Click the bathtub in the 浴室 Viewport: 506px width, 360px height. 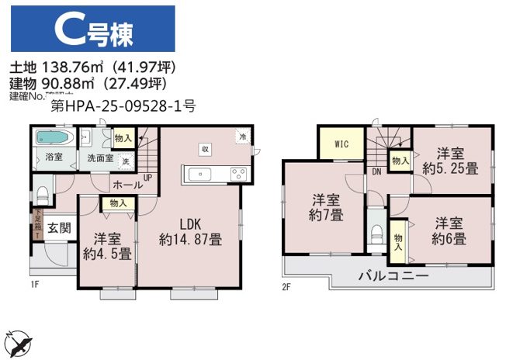point(54,140)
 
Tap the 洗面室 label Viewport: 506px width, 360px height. point(99,158)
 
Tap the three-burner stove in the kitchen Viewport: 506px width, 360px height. point(237,173)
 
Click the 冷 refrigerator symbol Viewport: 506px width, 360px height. point(242,137)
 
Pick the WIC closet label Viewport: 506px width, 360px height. point(341,144)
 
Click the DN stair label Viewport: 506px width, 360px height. point(376,171)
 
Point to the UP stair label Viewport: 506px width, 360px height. point(147,177)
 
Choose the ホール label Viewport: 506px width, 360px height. point(126,185)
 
